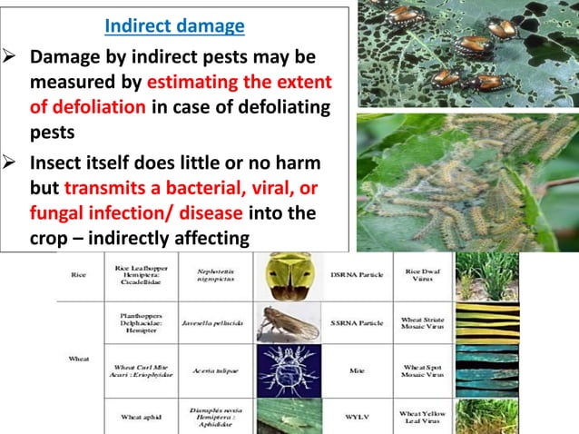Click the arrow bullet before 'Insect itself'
[x=15, y=165]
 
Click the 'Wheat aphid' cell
[x=141, y=417]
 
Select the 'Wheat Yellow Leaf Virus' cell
[x=421, y=417]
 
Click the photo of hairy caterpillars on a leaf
[x=466, y=181]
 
